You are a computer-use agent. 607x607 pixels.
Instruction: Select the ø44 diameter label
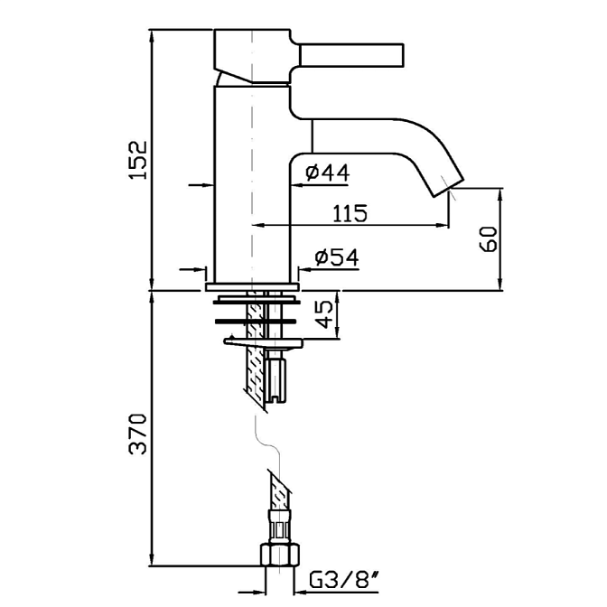327,172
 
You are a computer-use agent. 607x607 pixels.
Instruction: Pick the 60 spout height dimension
489,240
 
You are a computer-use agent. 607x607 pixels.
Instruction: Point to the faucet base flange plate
252,286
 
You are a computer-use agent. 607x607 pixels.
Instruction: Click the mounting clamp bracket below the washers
262,341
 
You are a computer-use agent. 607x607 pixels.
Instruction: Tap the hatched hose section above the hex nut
277,492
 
